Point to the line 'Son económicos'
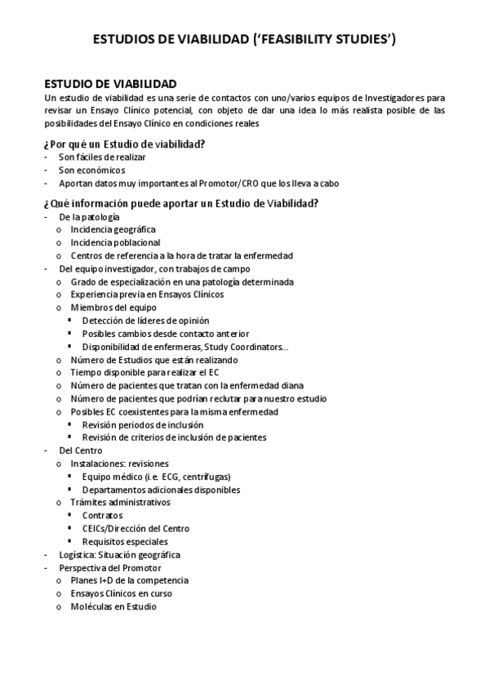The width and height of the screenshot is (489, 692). tap(91, 171)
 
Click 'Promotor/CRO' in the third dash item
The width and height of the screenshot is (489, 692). tap(237, 184)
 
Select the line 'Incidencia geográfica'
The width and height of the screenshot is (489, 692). tap(113, 229)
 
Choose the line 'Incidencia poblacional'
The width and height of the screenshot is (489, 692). tap(115, 242)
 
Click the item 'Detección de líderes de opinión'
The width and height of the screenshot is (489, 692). tap(145, 321)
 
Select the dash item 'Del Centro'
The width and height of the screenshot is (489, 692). tap(80, 450)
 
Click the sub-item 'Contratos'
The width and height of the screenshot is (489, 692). tap(102, 516)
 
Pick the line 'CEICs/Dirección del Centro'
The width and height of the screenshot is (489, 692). tap(136, 529)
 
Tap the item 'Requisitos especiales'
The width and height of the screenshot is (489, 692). tap(125, 542)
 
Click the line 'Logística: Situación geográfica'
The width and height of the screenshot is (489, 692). tap(119, 555)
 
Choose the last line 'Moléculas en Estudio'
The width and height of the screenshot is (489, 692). tap(113, 607)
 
